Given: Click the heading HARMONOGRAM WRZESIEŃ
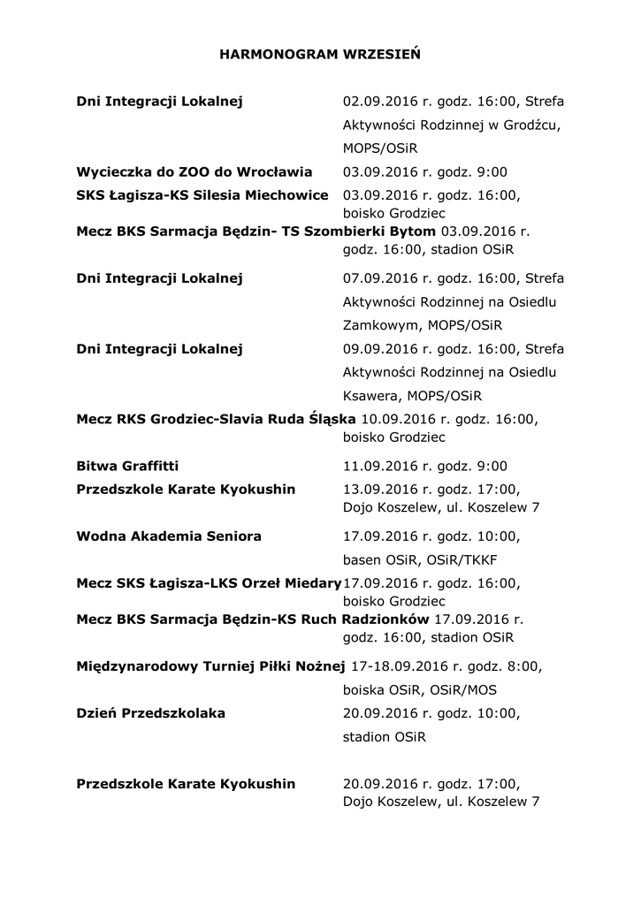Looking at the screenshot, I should [x=319, y=55].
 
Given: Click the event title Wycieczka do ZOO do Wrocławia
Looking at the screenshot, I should [x=195, y=171].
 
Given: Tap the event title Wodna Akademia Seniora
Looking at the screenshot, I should [x=169, y=536].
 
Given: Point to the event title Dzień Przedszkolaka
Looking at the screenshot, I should [x=151, y=712].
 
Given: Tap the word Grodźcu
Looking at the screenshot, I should [x=531, y=125].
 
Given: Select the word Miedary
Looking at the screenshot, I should [x=314, y=583].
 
